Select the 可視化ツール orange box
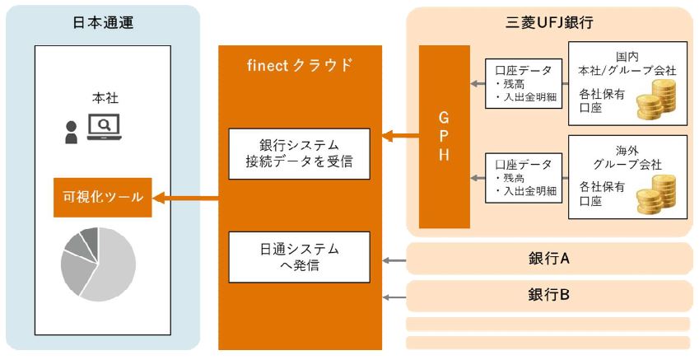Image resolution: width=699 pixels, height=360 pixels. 103,198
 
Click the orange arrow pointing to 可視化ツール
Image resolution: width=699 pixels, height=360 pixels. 186,198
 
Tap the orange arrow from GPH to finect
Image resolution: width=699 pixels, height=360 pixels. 399,137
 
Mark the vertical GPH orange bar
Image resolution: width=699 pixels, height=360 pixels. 445,137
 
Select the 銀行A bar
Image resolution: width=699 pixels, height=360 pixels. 549,258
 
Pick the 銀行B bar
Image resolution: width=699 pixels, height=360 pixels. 549,293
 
